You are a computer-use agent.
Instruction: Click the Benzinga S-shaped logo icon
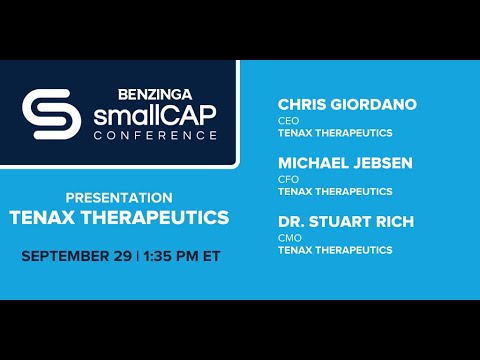click(x=51, y=115)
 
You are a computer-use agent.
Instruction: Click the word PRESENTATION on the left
click(x=118, y=197)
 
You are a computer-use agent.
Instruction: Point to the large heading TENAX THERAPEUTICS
click(x=119, y=217)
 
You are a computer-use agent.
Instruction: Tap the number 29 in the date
click(x=122, y=256)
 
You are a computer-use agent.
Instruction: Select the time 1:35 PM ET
click(x=182, y=256)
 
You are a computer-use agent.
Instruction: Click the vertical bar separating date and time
click(x=138, y=256)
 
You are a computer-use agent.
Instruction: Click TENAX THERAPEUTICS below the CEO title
click(x=335, y=133)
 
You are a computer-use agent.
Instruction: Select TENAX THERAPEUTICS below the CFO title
click(x=335, y=191)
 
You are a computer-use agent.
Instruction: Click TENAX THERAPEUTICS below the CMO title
click(x=335, y=250)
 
